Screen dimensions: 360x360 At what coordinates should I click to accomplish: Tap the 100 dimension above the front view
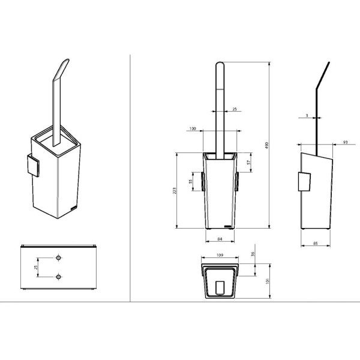[x=193, y=129]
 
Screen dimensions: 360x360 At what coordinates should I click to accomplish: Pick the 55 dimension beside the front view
[x=191, y=181]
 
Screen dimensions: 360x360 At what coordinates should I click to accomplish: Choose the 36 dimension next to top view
[x=254, y=254]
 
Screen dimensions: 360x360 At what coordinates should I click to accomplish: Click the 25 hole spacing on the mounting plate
[x=36, y=266]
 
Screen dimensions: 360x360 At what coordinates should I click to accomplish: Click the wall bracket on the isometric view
[x=32, y=166]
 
